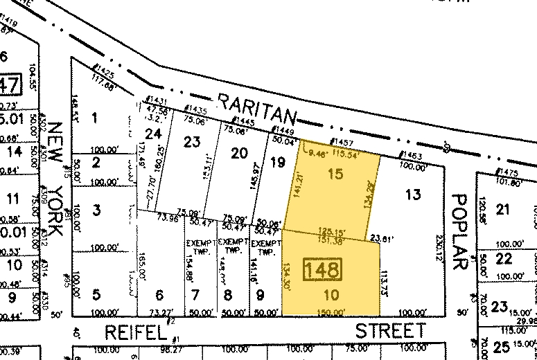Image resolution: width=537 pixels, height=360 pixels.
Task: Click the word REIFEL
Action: [x=136, y=332]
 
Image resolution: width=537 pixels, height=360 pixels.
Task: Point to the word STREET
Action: [x=390, y=331]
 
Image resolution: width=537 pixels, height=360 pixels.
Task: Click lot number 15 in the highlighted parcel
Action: [x=335, y=174]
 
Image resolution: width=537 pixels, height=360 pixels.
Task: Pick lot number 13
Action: [x=413, y=195]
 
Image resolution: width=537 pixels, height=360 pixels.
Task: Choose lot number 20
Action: [x=239, y=153]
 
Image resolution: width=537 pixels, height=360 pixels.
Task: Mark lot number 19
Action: [x=277, y=163]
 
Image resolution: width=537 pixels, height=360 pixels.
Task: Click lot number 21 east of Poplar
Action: [x=503, y=210]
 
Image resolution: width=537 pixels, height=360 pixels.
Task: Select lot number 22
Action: [x=504, y=258]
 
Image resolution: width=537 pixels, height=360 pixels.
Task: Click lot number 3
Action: [x=97, y=210]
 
